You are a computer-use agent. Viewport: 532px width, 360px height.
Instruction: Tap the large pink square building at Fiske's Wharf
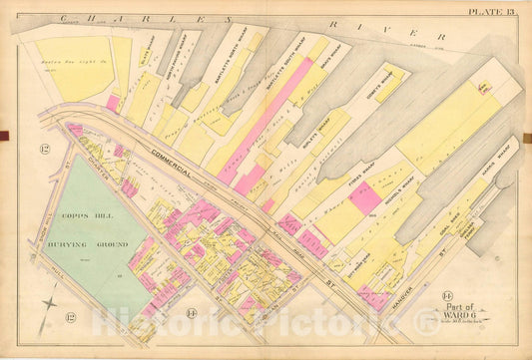[365, 196]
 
